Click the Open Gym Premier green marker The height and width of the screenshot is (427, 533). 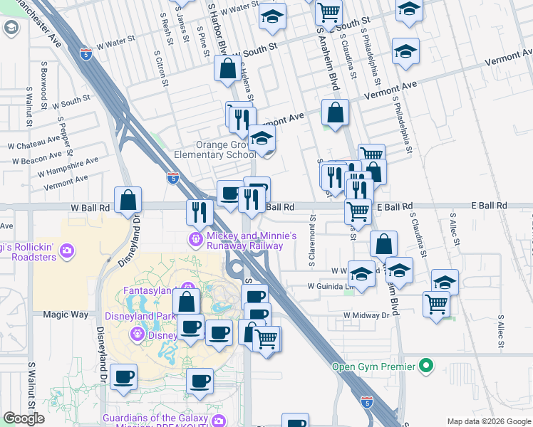pos(426,367)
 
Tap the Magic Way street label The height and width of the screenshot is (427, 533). pos(66,314)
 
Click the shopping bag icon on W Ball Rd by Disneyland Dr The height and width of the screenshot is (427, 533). pos(128,201)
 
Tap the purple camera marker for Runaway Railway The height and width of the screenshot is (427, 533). pos(195,239)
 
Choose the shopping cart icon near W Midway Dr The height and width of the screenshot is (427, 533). pos(436,304)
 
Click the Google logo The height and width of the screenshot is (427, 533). pos(24,418)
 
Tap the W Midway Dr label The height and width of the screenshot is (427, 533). pos(369,315)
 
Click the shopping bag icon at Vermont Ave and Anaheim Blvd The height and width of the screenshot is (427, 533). pos(335,112)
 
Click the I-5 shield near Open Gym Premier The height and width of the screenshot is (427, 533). pos(366,402)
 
